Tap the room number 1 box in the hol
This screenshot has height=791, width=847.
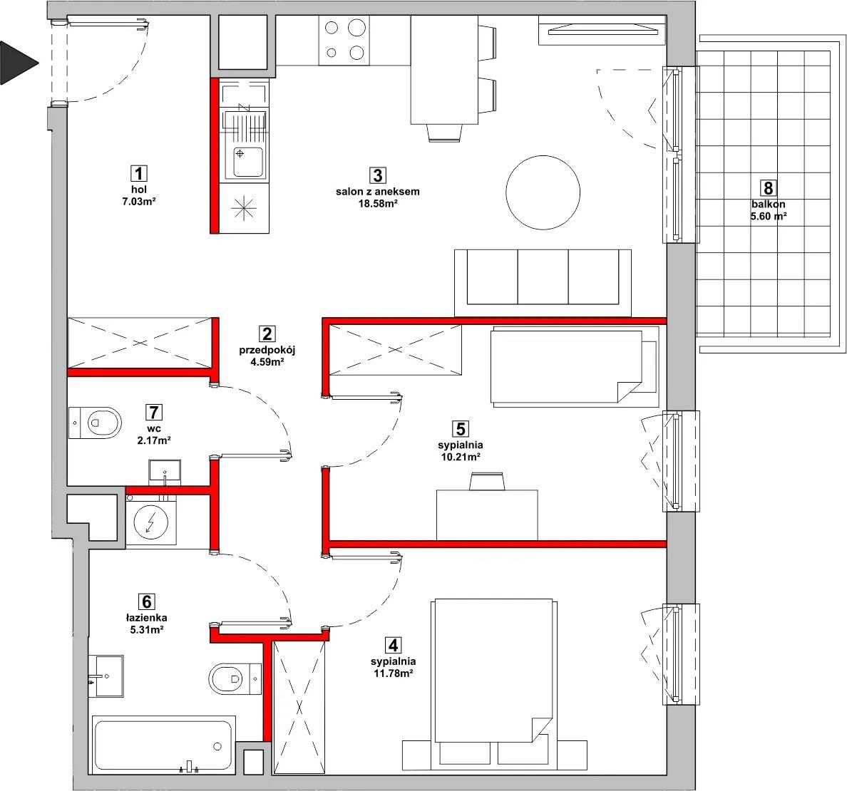(139, 173)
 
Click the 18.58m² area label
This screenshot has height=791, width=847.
(378, 204)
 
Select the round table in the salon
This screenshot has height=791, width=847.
(543, 192)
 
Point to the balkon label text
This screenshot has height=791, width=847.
(768, 204)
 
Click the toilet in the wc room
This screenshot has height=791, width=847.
(95, 423)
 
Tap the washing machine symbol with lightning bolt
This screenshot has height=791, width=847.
(150, 522)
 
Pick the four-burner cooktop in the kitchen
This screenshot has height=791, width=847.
(344, 40)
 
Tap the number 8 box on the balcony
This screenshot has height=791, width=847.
(768, 187)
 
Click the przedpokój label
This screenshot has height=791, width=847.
(267, 350)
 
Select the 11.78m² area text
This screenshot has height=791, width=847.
(394, 673)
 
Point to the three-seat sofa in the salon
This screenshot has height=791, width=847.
(543, 282)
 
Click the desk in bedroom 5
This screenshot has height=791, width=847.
(487, 515)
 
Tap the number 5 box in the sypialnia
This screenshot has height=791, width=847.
(461, 429)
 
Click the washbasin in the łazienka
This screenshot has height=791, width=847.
(106, 676)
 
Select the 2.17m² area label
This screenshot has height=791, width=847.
(154, 440)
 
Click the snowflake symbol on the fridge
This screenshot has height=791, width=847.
(244, 207)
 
